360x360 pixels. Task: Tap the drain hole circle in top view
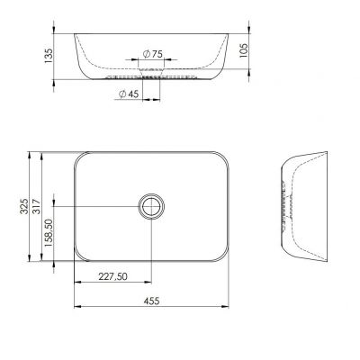pyautogui.click(x=151, y=206)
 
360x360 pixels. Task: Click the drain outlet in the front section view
pyautogui.click(x=151, y=77)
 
